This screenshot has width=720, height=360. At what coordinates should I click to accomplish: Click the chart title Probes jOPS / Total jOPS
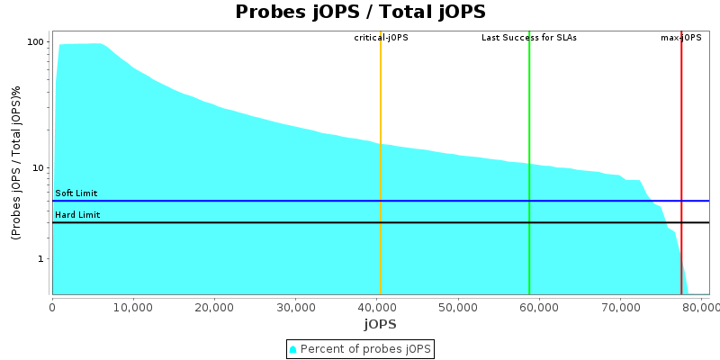tap(360, 13)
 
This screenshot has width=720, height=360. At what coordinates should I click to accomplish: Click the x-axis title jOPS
tap(380, 324)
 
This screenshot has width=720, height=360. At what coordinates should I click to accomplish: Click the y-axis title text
tap(16, 163)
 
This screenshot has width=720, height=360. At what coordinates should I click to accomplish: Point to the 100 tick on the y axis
tap(36, 42)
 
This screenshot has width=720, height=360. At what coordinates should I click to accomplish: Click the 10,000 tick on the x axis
tap(133, 307)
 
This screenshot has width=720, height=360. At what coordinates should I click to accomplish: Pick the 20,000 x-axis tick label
tap(214, 307)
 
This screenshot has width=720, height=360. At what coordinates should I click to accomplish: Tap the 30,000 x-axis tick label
tap(295, 307)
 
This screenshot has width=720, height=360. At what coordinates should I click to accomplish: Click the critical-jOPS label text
tap(381, 38)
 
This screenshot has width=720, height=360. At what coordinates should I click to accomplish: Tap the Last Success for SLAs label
tap(529, 38)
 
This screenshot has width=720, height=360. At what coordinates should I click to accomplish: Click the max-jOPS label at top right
tap(681, 38)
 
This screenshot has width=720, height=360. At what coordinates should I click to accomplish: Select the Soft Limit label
tap(76, 193)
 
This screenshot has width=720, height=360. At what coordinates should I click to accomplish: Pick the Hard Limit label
tap(77, 215)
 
